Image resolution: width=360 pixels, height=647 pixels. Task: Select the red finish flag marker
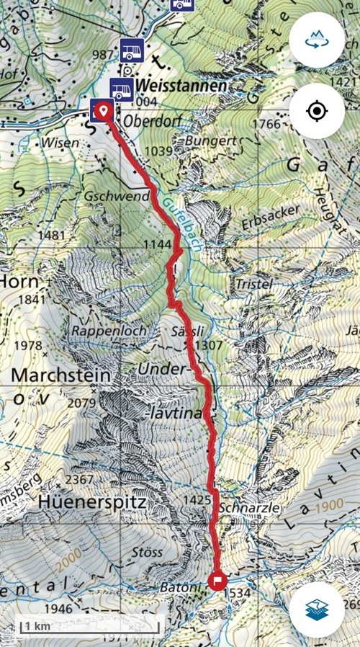point(217,581)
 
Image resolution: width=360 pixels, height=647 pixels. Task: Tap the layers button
point(316,610)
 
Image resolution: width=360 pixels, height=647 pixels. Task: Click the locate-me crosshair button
point(316,111)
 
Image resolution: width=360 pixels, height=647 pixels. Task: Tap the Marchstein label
point(61,375)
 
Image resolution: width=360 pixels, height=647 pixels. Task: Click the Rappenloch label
point(109,330)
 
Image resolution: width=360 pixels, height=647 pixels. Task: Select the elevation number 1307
point(208,345)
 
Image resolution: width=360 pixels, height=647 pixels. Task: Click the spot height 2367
point(79,480)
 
